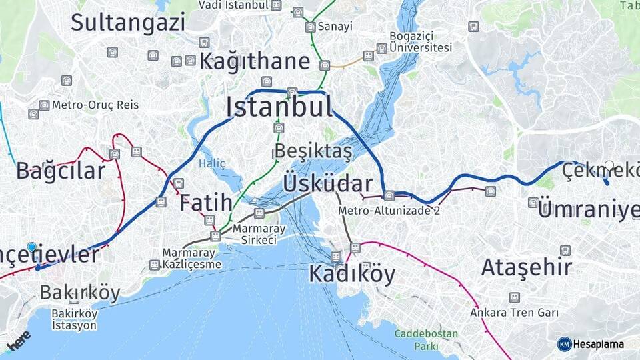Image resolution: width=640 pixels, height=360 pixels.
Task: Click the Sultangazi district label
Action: point(128,22)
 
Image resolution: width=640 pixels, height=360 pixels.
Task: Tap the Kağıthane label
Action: point(255,61)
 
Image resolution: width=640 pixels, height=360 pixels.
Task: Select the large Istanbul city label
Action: point(279,107)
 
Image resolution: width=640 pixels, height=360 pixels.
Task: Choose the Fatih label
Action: point(206,203)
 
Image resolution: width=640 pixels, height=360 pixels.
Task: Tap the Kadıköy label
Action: point(351,274)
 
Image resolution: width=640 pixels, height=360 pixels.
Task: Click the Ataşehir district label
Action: point(527,267)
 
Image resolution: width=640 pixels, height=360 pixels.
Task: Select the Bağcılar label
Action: point(61,171)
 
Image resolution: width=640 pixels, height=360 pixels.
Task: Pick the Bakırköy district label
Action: point(80,293)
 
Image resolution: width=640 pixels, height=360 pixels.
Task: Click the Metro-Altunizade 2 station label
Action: point(389,211)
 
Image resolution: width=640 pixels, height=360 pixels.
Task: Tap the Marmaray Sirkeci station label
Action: point(259,234)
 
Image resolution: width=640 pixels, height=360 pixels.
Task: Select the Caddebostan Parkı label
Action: point(426,339)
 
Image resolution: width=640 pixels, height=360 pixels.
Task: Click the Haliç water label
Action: point(212,163)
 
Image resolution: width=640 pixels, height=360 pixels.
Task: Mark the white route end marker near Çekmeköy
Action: point(609,165)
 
